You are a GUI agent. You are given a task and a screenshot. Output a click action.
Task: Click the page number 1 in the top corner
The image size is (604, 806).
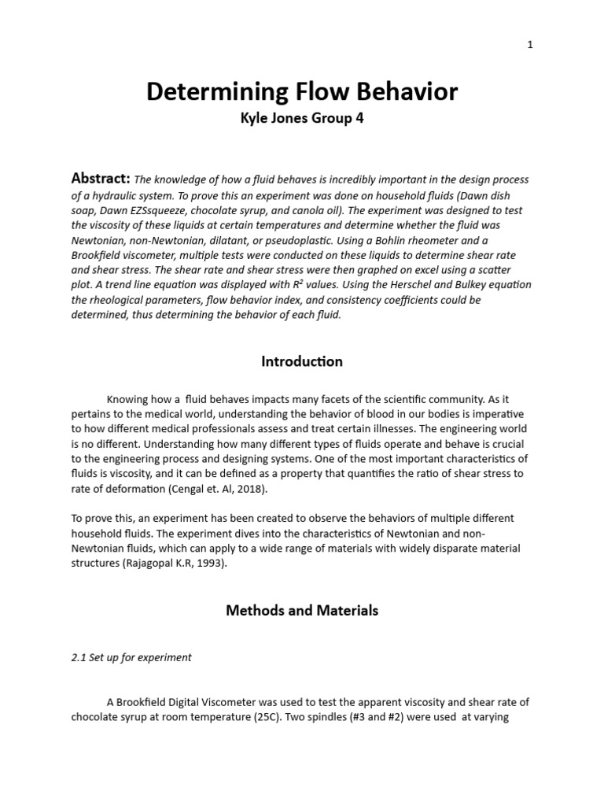(530, 45)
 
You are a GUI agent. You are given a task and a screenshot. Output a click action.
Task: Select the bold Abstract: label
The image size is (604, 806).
(101, 179)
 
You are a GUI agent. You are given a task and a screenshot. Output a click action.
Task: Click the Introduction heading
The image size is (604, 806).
(302, 361)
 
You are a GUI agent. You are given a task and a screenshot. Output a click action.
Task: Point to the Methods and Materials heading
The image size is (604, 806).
(302, 610)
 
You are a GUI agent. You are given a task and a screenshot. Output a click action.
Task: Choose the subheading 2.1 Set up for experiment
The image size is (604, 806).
(131, 656)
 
